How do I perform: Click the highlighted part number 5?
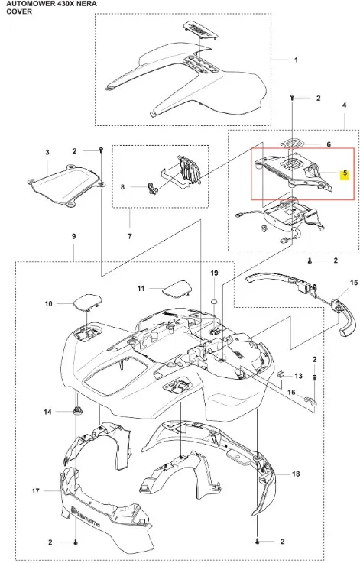coord(345,173)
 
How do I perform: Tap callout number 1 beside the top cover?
coord(296,60)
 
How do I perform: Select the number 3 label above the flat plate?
coord(47,152)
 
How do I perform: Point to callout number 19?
coord(214,273)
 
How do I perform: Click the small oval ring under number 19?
coord(214,300)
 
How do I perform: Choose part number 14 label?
coord(48,412)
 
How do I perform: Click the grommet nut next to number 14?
coord(76,409)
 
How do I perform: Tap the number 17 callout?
coord(35,491)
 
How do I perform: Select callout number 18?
coord(296,474)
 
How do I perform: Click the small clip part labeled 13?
coord(281,374)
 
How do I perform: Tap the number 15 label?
coord(354,283)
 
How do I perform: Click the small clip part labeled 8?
coord(152,188)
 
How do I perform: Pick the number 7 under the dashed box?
coord(130,236)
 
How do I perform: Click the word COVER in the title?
coord(19,11)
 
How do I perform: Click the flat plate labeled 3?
coord(66,185)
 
